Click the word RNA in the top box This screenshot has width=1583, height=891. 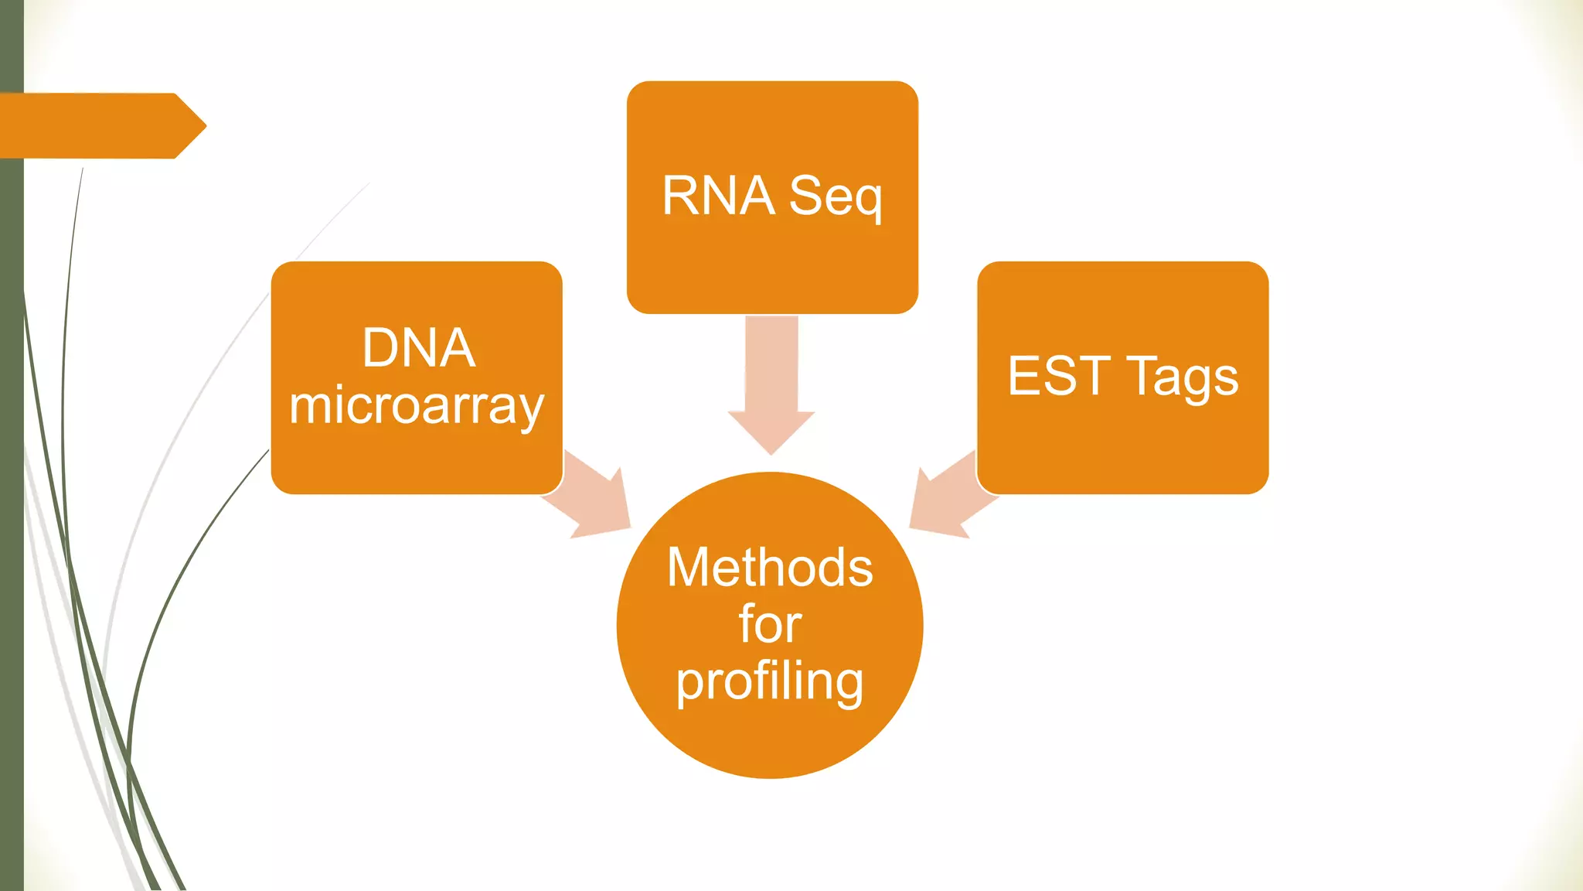click(718, 196)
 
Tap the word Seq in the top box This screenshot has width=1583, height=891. click(836, 197)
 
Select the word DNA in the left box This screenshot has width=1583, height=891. click(418, 348)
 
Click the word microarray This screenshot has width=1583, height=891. click(417, 406)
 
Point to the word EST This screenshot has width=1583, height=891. click(1059, 377)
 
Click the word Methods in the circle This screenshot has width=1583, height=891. click(770, 568)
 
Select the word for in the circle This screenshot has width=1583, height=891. click(770, 624)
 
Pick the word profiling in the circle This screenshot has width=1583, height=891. click(770, 682)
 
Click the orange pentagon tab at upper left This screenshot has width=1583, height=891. click(93, 126)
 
